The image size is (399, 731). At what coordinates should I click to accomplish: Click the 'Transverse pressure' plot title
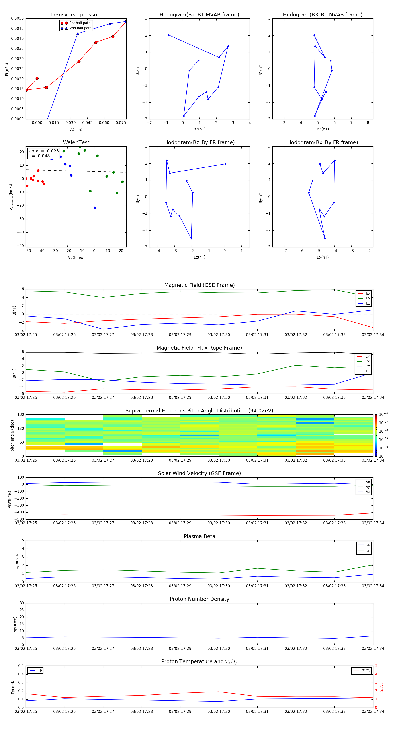76,15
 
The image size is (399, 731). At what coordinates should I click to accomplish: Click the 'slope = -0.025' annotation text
43,151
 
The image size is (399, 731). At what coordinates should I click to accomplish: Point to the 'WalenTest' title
76,142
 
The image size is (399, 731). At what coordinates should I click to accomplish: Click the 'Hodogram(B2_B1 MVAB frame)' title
199,15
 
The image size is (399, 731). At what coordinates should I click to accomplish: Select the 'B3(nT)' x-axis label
323,129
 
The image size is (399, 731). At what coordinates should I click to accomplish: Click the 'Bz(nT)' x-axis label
199,257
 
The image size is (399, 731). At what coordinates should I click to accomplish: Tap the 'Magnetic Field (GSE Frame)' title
199,285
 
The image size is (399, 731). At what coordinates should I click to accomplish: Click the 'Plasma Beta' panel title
199,536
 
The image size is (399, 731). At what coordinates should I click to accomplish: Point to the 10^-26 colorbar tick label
383,414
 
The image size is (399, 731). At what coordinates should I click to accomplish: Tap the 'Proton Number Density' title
199,599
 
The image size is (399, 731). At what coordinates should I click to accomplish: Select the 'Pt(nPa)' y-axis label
7,69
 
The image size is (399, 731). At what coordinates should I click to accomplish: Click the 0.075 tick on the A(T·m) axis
121,123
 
